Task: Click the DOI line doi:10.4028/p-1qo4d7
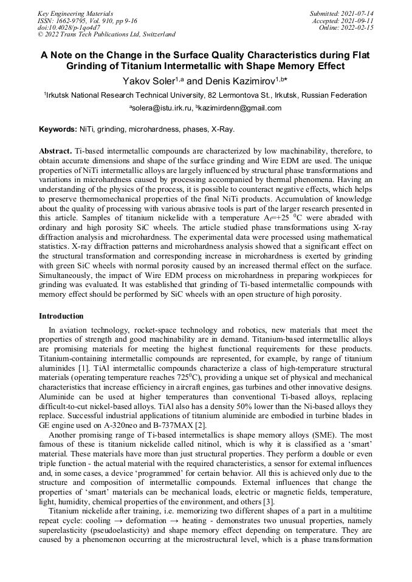pos(69,27)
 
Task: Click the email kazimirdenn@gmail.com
pos(239,108)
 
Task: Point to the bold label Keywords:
pos(58,129)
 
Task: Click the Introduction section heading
pos(61,316)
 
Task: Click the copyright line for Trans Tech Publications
pos(107,35)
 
